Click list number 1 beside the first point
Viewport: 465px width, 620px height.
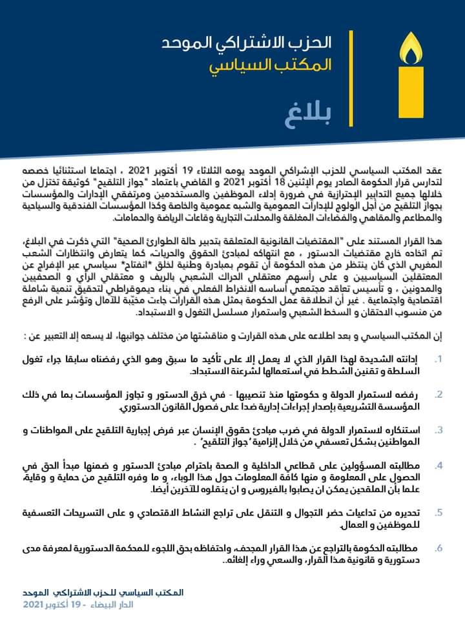click(x=439, y=359)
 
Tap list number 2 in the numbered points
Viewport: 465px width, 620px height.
click(x=439, y=394)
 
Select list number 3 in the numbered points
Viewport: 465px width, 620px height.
click(x=439, y=429)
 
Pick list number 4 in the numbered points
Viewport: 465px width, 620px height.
click(x=439, y=465)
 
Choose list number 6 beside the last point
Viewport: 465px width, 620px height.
click(x=439, y=548)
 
